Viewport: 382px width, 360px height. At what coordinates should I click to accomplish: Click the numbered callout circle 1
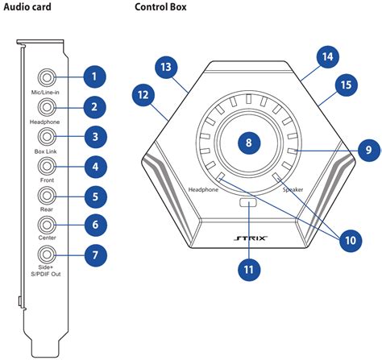pos(94,77)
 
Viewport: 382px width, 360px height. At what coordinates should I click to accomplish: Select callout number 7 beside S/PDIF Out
pos(94,255)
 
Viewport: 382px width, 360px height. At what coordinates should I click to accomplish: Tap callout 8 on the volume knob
pos(248,142)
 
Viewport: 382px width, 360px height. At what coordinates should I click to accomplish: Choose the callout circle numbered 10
pos(350,239)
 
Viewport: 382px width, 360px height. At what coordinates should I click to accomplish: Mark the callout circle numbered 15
pos(345,84)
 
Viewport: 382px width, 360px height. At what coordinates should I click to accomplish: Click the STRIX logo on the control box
pos(248,239)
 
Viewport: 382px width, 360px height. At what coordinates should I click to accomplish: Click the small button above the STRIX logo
pos(248,205)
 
